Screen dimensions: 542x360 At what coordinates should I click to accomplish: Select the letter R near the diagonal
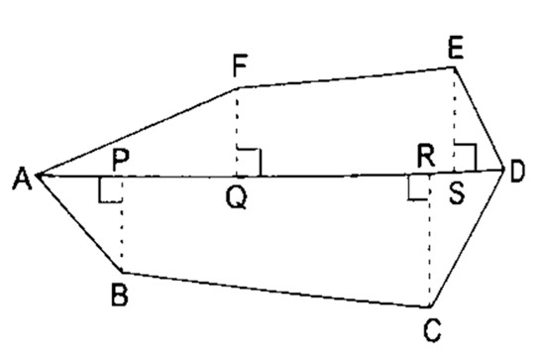point(427,157)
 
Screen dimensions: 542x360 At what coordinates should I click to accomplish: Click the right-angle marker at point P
point(110,189)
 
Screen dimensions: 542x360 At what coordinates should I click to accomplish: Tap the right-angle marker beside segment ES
point(466,156)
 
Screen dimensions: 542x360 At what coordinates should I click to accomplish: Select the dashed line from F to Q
point(238,129)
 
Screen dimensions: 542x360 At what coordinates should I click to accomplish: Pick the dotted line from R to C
point(430,243)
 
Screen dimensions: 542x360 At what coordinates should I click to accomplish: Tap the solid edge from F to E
point(347,76)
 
